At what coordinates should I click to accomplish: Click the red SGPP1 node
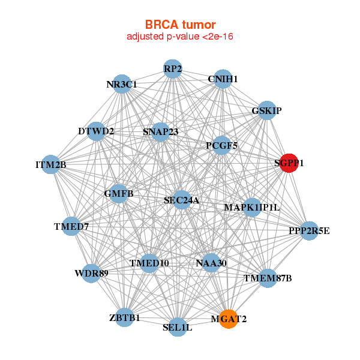click(289, 163)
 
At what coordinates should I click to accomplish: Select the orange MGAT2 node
click(227, 318)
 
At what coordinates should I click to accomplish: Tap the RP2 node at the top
click(173, 68)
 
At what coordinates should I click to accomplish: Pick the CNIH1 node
click(223, 79)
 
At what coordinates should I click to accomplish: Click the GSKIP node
click(267, 110)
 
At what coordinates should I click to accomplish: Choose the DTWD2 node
click(97, 131)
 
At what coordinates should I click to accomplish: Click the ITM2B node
click(51, 164)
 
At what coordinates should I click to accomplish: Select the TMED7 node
click(71, 226)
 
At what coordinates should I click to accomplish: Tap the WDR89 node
click(91, 274)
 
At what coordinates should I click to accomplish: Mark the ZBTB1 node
click(125, 317)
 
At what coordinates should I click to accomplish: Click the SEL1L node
click(177, 327)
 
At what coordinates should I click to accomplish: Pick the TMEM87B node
click(267, 278)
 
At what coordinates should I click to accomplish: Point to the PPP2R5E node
click(309, 230)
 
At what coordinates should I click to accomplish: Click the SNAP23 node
click(160, 131)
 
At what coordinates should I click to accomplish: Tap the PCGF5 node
click(221, 145)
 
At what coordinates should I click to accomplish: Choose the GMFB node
click(119, 193)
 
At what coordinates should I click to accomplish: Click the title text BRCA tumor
click(180, 25)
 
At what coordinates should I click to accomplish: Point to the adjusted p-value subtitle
click(180, 37)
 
